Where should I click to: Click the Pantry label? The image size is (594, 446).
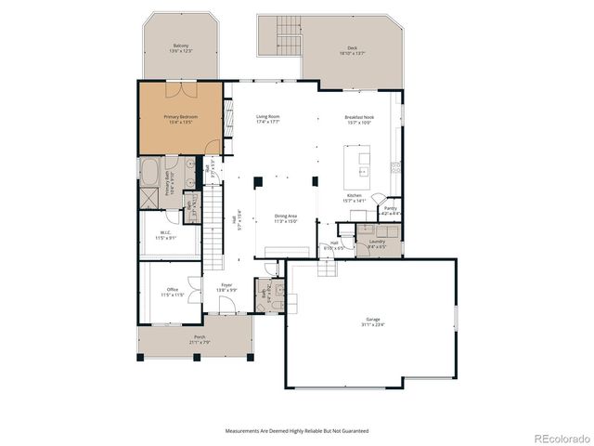click(391, 210)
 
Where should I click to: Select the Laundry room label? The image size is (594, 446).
click(376, 243)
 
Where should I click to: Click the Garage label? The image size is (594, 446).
click(373, 322)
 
